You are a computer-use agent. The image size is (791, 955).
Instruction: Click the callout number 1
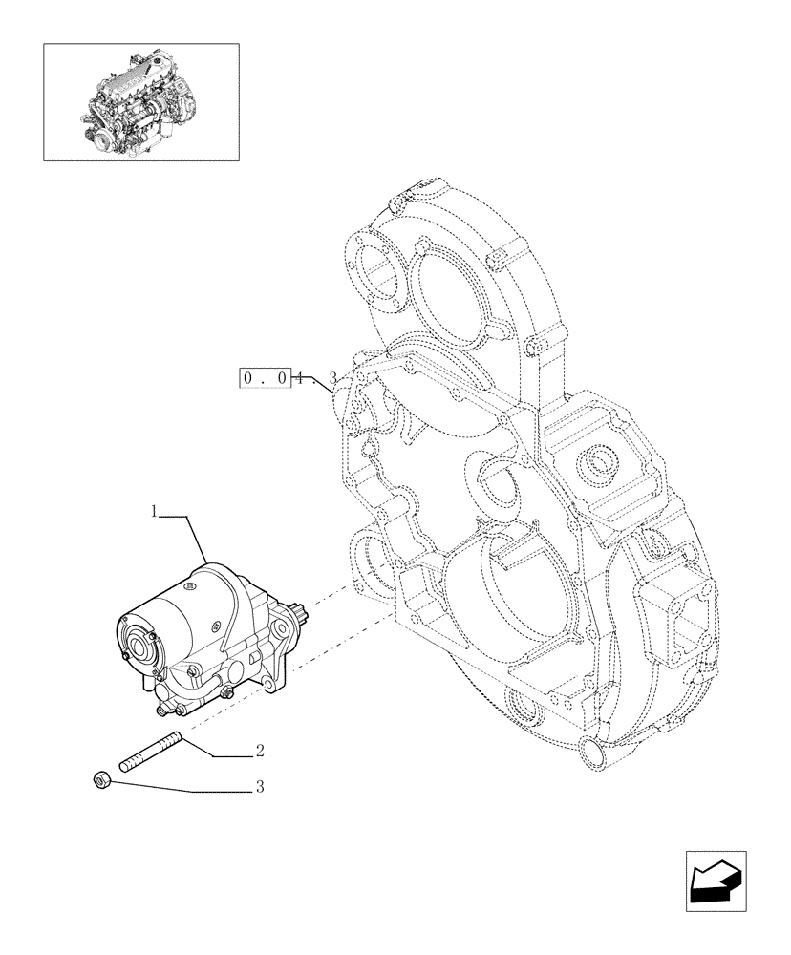click(153, 513)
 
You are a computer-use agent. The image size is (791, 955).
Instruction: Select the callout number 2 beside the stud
click(260, 752)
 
